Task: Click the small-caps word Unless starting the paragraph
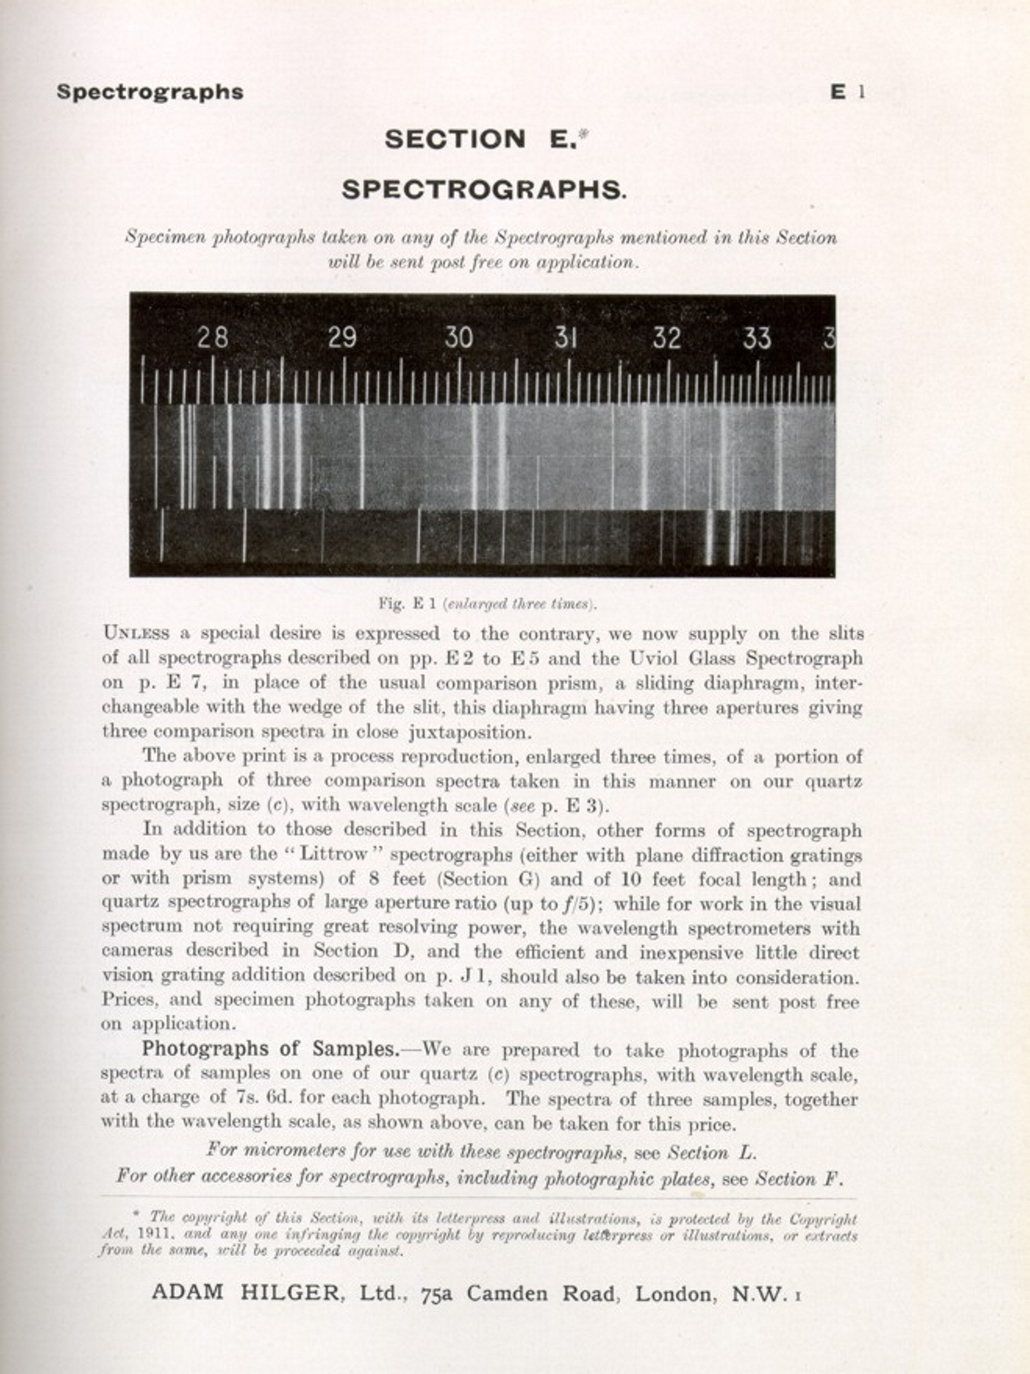point(136,633)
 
